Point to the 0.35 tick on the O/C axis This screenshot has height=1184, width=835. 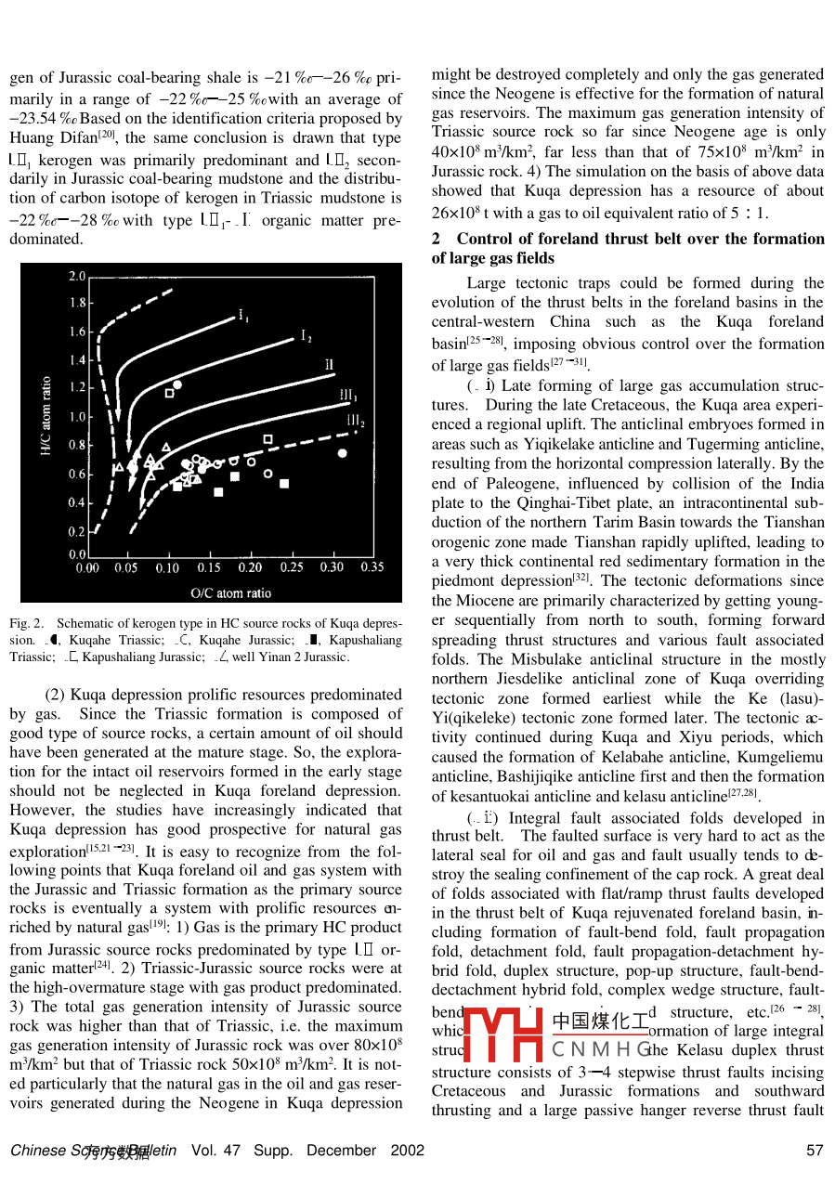(372, 567)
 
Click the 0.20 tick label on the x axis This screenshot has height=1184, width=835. (250, 567)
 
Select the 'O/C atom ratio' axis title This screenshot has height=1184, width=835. (231, 592)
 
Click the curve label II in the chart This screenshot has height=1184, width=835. (328, 363)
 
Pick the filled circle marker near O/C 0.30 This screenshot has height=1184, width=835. (343, 453)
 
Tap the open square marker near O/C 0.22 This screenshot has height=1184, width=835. (267, 438)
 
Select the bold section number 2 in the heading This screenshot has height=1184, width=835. (436, 239)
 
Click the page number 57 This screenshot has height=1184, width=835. (815, 1151)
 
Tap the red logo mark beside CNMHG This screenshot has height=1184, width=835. (502, 1035)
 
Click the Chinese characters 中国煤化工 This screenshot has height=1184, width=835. (600, 1021)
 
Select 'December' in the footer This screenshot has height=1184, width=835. (340, 1151)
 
